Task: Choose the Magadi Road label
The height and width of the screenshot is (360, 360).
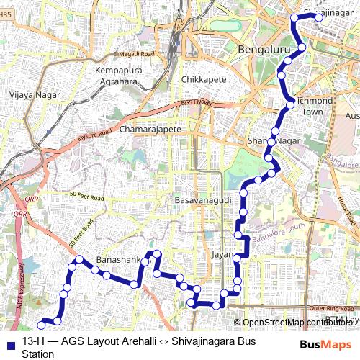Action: click(138, 54)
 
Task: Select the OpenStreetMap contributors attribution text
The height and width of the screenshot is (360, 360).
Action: click(296, 323)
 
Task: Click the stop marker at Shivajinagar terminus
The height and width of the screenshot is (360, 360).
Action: click(320, 18)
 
